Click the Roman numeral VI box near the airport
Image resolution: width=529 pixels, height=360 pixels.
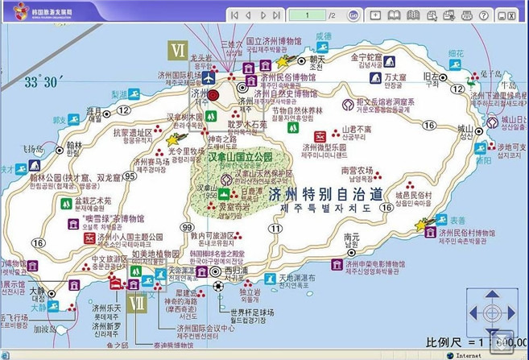(x=177, y=50)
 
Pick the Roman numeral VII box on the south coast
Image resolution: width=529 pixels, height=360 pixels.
(x=138, y=304)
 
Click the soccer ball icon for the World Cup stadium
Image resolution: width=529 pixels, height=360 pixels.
(x=219, y=286)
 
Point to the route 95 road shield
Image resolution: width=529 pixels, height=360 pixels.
(x=130, y=176)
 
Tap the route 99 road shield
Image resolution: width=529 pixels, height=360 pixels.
(x=188, y=228)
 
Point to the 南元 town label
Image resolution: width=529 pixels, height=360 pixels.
(x=351, y=238)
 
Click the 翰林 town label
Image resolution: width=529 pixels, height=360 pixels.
(x=74, y=147)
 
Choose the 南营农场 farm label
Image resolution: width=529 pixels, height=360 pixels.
(x=357, y=171)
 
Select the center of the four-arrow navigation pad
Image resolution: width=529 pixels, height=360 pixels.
(x=490, y=312)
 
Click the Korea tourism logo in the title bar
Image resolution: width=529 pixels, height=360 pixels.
(x=21, y=10)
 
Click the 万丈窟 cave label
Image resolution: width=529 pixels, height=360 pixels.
(x=395, y=77)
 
